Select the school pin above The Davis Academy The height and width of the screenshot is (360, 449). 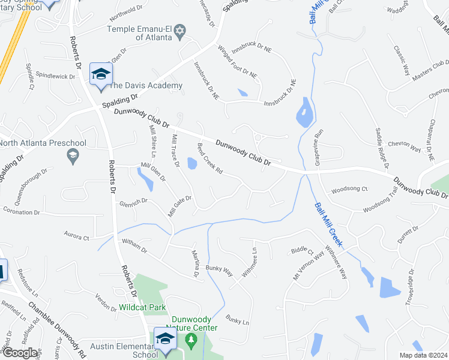click(100, 74)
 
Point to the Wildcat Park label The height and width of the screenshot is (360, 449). click(142, 307)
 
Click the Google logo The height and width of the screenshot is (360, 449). click(19, 353)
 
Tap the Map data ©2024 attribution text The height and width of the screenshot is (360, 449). click(423, 355)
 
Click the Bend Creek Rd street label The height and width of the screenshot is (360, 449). click(211, 159)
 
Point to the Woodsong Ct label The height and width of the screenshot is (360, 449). click(349, 188)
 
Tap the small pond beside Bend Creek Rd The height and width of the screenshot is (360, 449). click(191, 163)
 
